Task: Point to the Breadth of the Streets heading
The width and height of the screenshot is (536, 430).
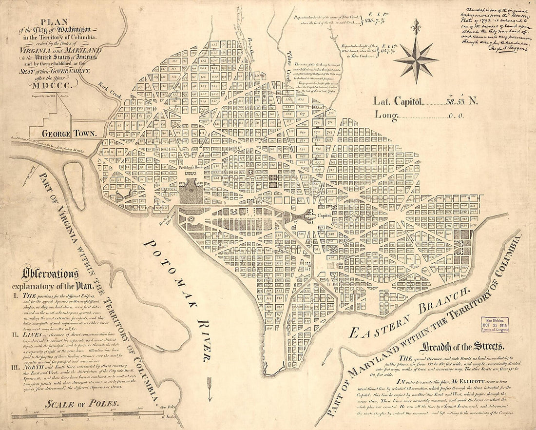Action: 463,347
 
